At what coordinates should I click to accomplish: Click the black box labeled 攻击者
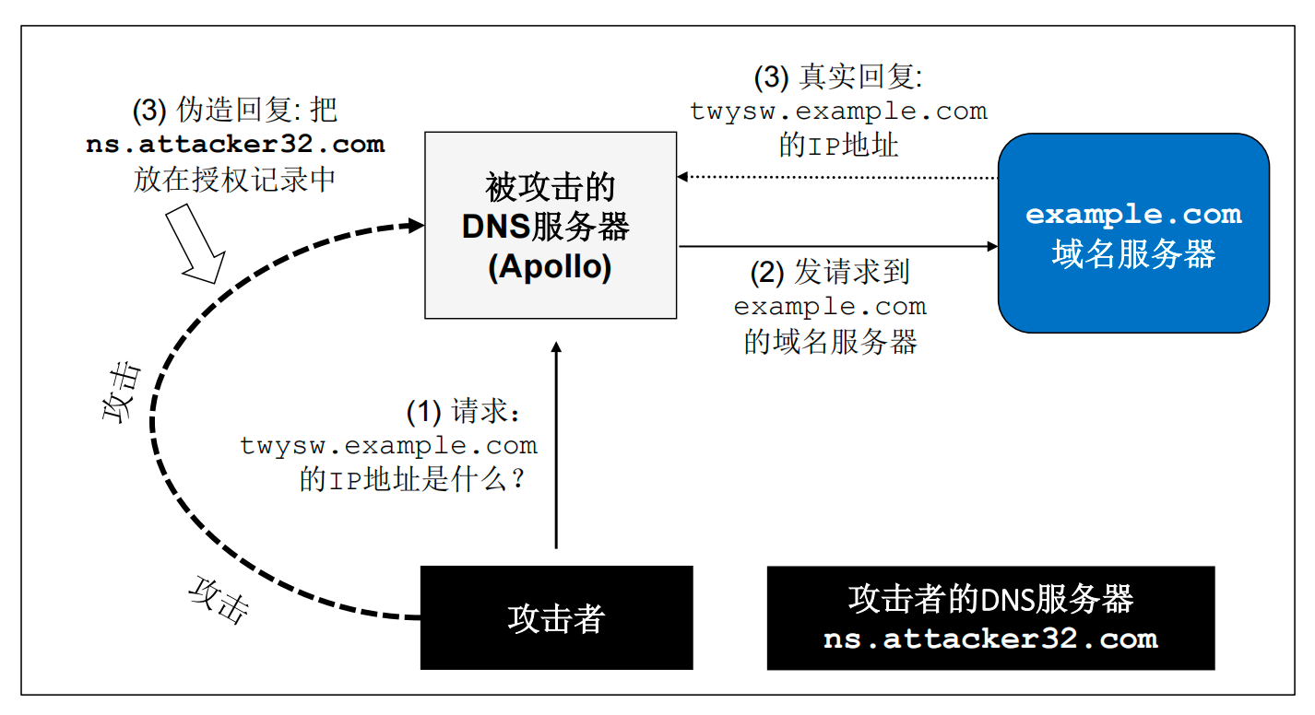tap(557, 617)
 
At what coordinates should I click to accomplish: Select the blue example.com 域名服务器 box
tap(1133, 233)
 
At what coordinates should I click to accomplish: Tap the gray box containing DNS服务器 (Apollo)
tap(551, 225)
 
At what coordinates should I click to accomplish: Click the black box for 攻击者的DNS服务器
tap(991, 618)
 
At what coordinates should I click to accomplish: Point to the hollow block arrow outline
tap(196, 244)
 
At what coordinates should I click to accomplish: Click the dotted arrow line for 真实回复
tap(837, 177)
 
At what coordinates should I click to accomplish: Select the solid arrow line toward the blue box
tap(838, 246)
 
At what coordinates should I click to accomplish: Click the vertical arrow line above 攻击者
tap(557, 445)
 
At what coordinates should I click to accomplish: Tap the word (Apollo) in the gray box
tap(551, 267)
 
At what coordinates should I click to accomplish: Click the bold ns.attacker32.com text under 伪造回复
tap(235, 145)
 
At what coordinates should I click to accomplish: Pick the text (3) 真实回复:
tap(838, 76)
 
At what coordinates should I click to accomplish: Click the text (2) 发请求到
tap(830, 272)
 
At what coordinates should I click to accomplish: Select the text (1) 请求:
tap(464, 411)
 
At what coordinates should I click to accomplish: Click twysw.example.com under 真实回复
tap(838, 111)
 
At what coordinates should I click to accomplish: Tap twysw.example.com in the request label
tap(388, 446)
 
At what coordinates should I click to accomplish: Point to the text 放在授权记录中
tap(235, 180)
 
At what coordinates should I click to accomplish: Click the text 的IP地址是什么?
tap(412, 479)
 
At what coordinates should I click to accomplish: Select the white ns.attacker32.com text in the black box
tap(991, 639)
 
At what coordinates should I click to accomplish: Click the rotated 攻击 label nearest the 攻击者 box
tap(219, 601)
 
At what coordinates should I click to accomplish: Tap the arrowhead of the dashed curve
tap(416, 225)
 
